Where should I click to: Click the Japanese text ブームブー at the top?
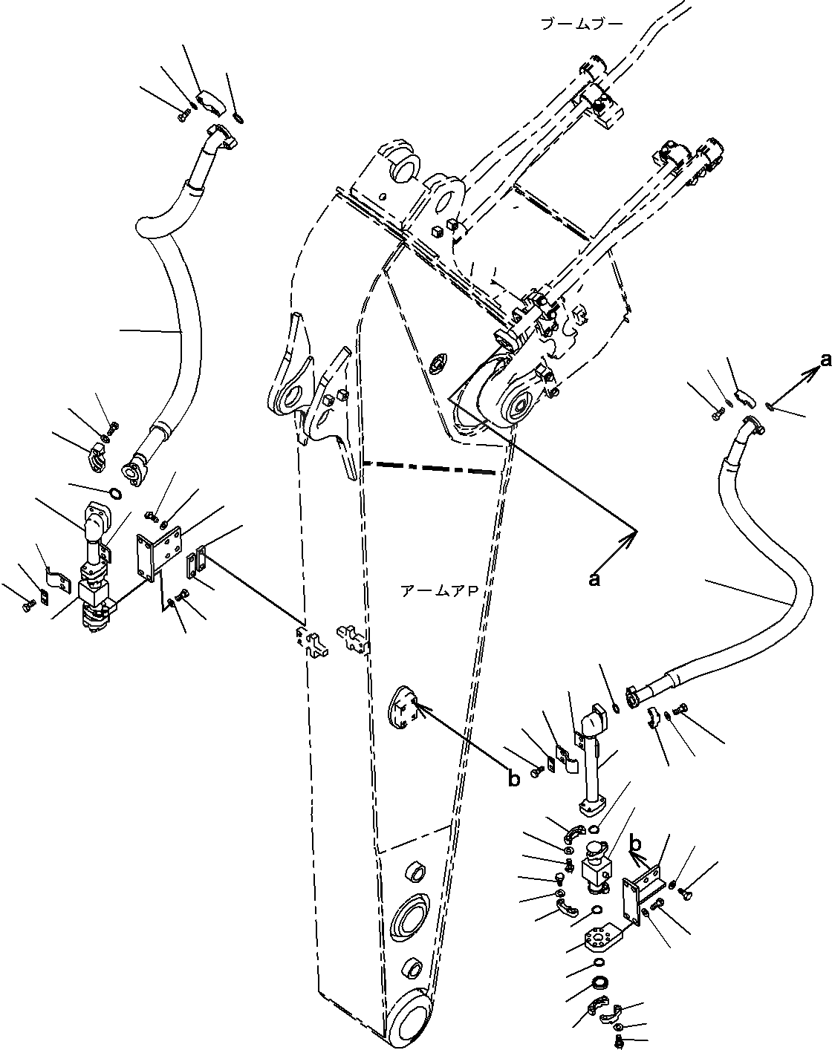tap(582, 25)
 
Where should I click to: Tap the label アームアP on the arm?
tap(438, 591)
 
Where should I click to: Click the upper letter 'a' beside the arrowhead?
tap(825, 361)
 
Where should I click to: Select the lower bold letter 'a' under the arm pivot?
tap(594, 580)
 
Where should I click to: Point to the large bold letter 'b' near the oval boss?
tap(514, 778)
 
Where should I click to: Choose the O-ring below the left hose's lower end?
tap(114, 495)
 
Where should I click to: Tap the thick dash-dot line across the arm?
tap(429, 467)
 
